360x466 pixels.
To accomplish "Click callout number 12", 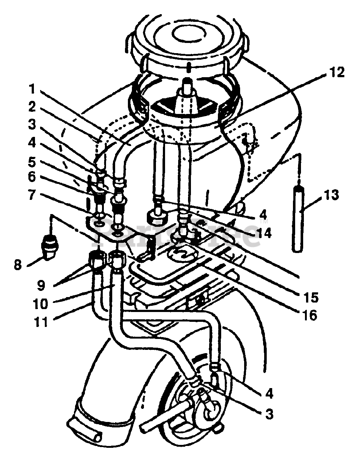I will (336, 73).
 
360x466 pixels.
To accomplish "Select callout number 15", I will (310, 297).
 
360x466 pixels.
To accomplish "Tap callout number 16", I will (310, 315).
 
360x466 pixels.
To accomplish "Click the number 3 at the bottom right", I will (269, 414).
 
